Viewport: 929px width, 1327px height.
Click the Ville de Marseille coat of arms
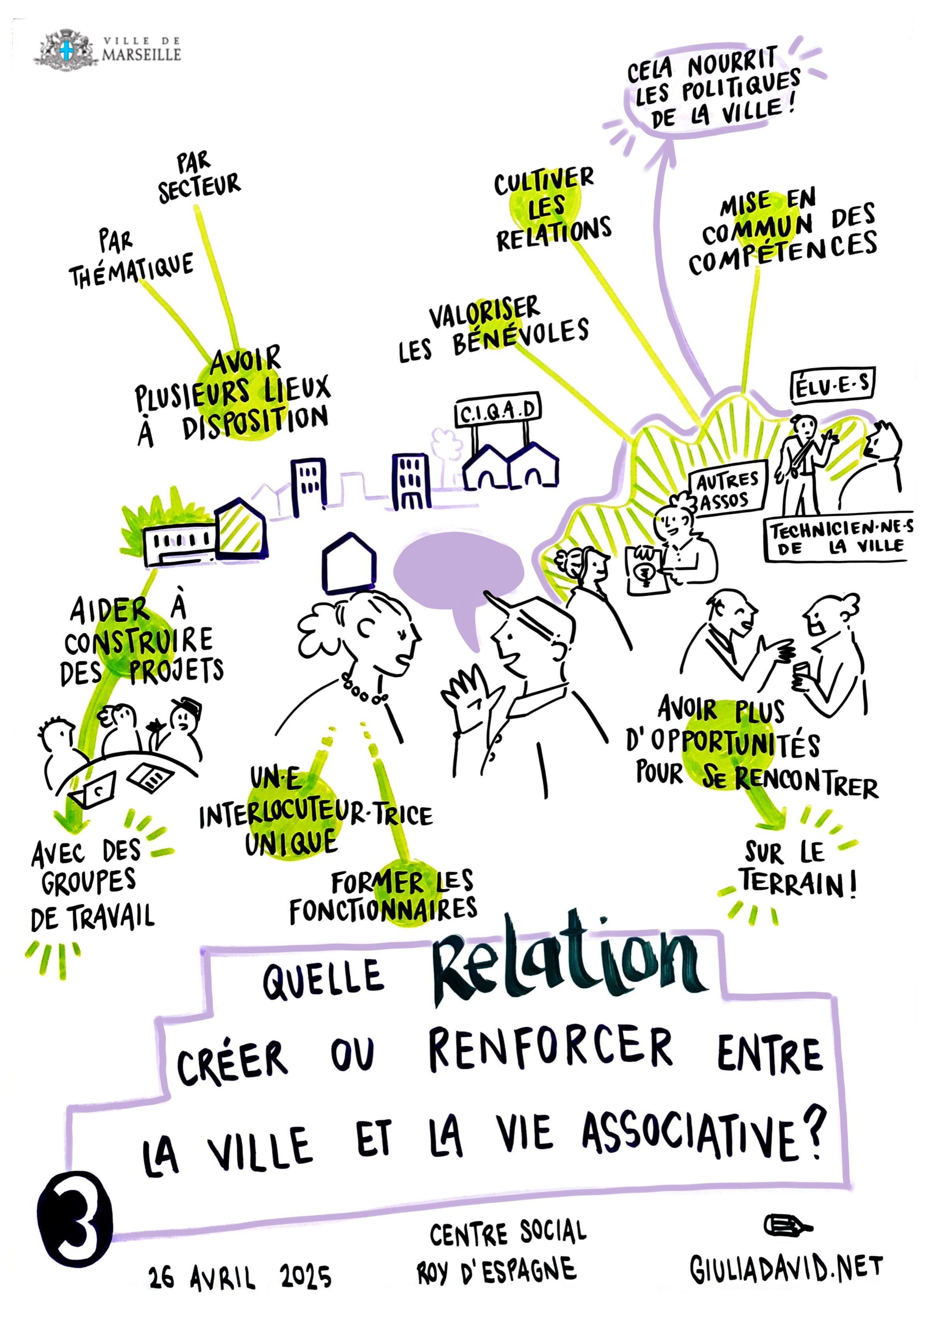(66, 50)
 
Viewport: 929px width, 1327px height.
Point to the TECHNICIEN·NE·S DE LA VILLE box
(838, 538)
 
